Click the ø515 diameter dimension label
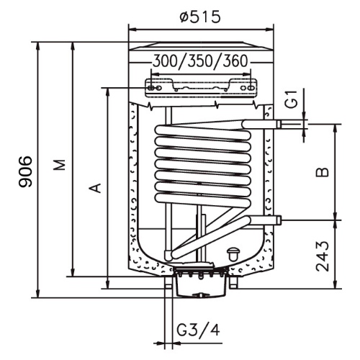point(200,17)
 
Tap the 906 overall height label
point(25,171)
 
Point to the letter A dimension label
point(95,188)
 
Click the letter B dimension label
point(322,172)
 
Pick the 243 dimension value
point(322,256)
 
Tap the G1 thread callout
point(292,99)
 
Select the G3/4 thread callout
point(198,330)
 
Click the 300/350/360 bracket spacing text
point(200,60)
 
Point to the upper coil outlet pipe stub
point(261,124)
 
